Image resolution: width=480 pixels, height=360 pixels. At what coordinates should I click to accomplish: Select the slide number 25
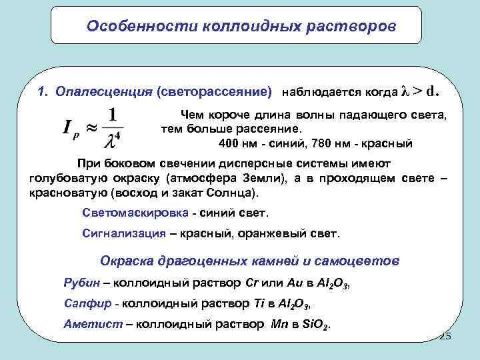click(445, 337)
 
